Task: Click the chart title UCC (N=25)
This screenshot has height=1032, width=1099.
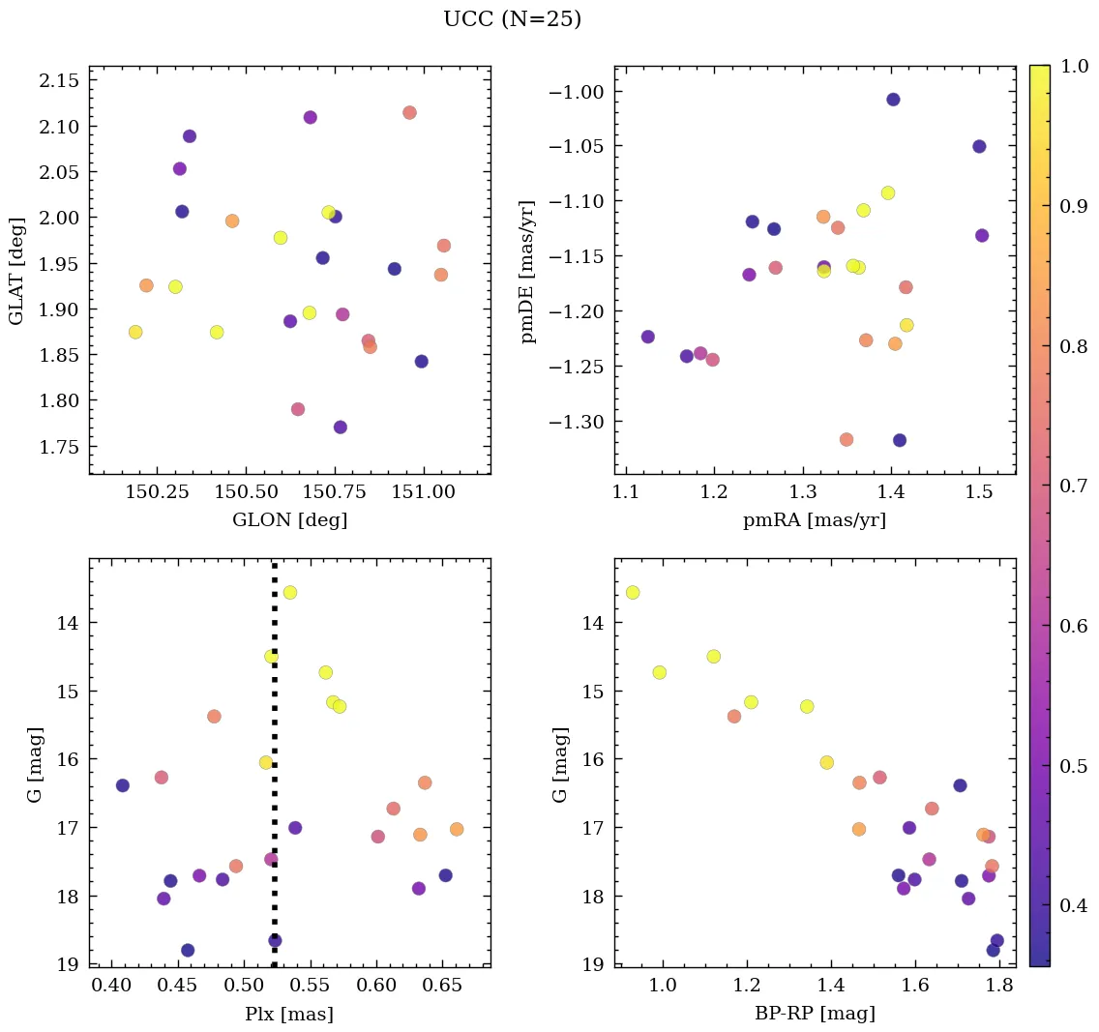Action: coord(512,19)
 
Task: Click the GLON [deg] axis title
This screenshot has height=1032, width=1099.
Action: coord(289,520)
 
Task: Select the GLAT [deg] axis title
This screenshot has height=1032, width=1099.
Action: coord(16,270)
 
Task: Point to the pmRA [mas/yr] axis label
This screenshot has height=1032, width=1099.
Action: coord(814,520)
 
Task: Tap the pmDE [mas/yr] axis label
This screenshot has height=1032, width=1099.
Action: coord(527,270)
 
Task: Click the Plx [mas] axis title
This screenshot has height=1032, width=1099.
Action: coord(289,1014)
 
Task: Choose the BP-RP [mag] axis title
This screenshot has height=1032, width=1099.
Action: coord(814,1014)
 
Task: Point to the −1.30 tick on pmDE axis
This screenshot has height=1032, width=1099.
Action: coord(578,422)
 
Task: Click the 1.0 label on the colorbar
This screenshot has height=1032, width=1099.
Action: coord(1073,67)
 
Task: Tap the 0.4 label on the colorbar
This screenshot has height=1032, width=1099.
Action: coord(1073,905)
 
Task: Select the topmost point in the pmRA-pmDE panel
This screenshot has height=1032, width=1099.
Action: coord(893,100)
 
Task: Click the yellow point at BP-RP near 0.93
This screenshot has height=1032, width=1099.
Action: coord(633,592)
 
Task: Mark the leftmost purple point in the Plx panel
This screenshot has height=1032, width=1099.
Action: coord(123,785)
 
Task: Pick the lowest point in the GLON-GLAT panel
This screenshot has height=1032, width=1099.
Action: coord(341,428)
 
